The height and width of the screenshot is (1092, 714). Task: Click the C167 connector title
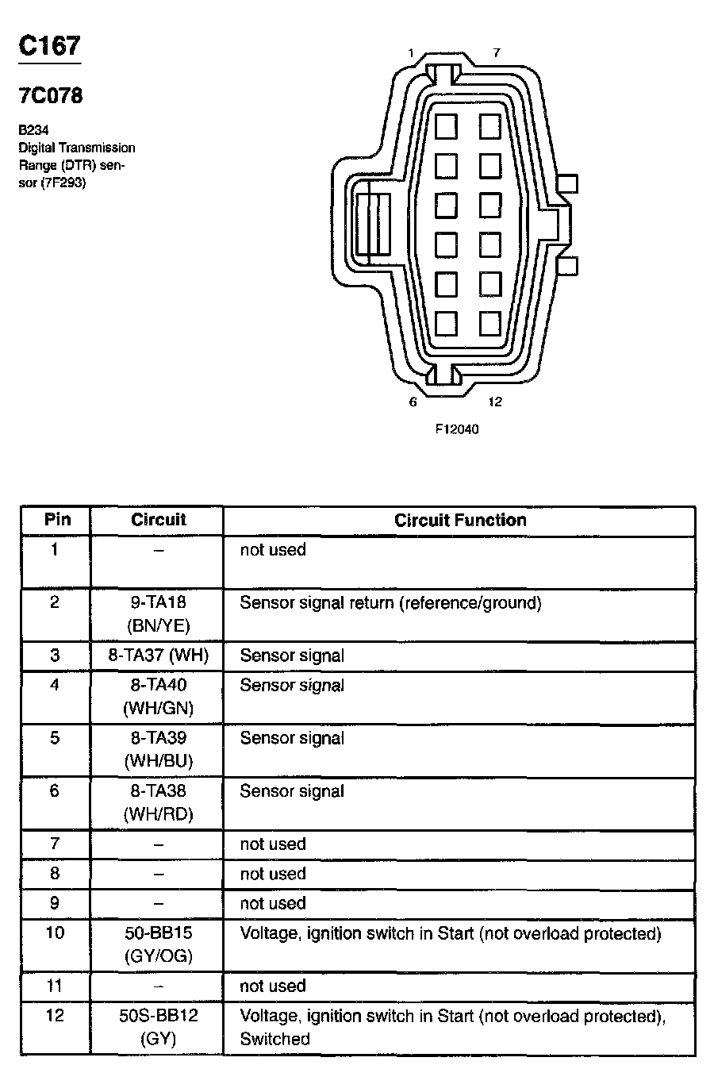pos(50,46)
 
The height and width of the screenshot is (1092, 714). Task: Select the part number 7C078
pos(51,96)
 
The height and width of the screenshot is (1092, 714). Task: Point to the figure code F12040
pos(457,429)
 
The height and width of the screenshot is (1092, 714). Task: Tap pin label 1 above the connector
pos(410,53)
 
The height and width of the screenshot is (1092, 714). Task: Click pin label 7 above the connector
pos(496,53)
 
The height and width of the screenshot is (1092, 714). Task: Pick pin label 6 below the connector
pos(413,402)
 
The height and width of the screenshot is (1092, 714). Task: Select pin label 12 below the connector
pos(495,402)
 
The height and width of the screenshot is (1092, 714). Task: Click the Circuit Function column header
pos(460,521)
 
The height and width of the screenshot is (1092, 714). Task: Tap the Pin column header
pos(57,520)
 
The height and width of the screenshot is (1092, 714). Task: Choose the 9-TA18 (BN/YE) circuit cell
pos(158,613)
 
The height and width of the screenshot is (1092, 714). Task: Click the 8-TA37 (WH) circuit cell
pos(158,656)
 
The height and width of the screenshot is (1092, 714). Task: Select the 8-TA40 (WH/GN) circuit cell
pos(158,696)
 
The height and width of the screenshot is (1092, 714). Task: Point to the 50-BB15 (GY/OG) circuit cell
pos(158,944)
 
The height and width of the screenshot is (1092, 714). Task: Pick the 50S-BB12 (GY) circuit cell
pos(158,1027)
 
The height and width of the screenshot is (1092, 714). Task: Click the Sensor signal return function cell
pos(390,603)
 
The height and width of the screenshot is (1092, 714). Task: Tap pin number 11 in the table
pos(54,986)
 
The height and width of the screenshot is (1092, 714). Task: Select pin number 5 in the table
pos(54,738)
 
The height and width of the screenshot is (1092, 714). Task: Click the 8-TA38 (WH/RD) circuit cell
pos(158,802)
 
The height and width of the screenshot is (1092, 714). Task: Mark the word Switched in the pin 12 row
pos(274,1039)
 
